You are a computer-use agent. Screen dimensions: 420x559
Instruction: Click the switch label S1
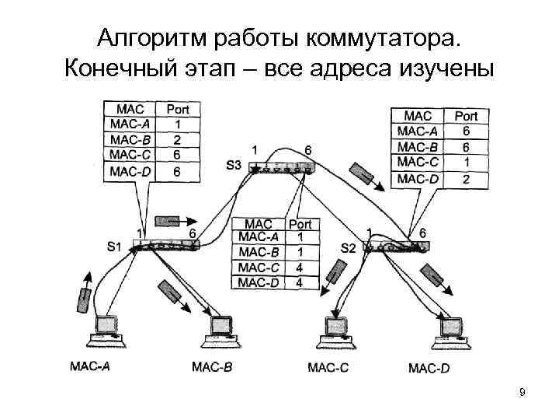tap(114, 247)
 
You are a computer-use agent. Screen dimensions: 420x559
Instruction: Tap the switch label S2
tap(349, 247)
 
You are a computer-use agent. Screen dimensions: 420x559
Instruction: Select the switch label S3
tap(234, 165)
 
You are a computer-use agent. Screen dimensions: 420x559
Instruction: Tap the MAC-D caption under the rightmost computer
tap(429, 367)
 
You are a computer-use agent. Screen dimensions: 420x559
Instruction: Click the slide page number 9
tap(523, 392)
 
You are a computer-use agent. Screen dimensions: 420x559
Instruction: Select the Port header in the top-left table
tap(178, 109)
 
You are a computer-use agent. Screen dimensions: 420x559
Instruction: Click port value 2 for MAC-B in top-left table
tap(178, 140)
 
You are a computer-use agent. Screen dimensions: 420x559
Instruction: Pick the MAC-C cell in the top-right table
tap(418, 163)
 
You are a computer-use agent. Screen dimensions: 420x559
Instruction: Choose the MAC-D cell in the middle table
tap(259, 282)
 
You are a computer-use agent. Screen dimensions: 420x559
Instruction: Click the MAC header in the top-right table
tap(418, 116)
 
